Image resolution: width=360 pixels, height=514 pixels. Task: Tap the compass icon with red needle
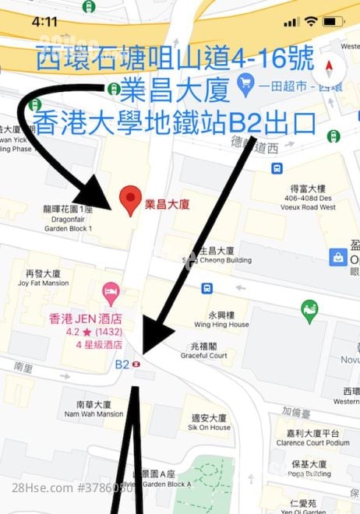[x=329, y=67]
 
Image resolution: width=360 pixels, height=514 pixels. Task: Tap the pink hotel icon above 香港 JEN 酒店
[x=111, y=294]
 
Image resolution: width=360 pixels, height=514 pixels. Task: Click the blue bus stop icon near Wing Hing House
[x=206, y=288]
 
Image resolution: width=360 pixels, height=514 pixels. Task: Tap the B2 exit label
[x=122, y=364]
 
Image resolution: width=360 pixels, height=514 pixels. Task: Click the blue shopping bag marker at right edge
[x=339, y=256]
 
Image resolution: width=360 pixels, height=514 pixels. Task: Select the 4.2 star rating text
[x=78, y=332]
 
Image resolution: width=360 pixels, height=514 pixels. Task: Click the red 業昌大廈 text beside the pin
[x=168, y=205]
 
